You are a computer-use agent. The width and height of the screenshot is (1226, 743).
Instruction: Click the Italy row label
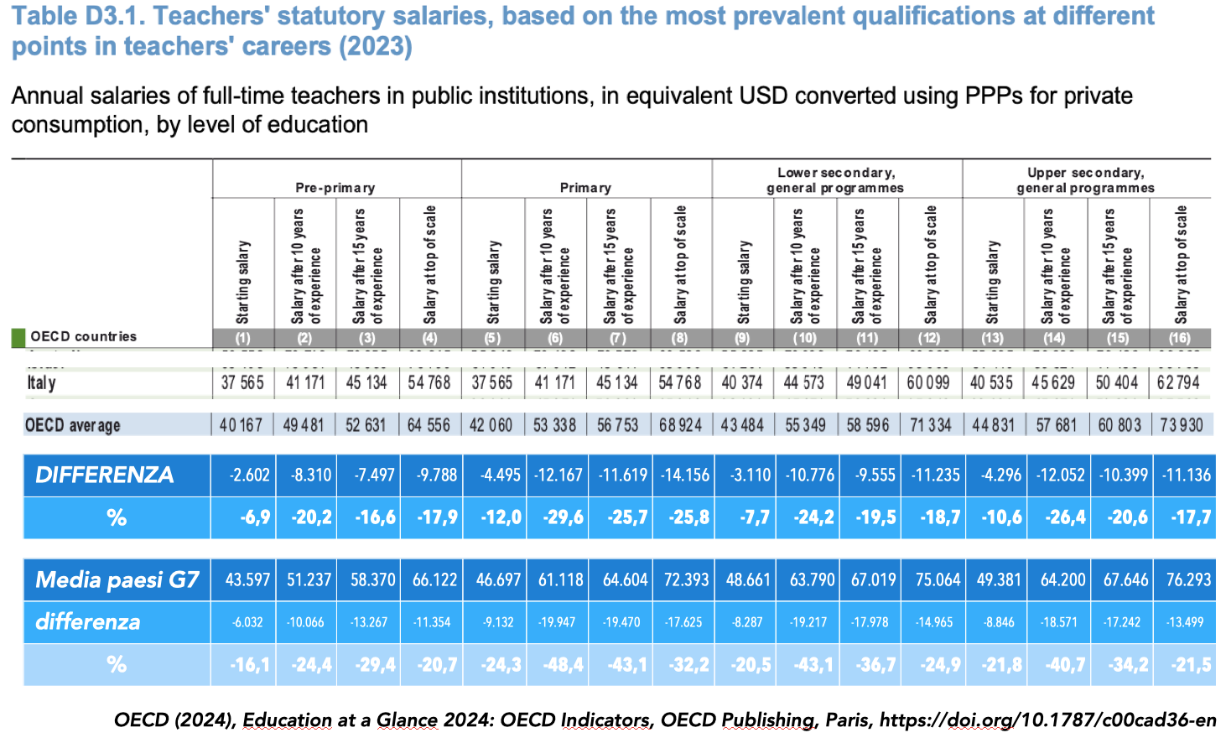(x=42, y=383)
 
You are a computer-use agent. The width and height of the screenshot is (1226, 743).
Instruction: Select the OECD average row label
(x=72, y=425)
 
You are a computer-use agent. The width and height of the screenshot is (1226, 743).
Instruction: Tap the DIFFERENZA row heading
(x=105, y=475)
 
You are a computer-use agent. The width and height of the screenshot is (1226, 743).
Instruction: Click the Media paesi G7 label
(x=117, y=579)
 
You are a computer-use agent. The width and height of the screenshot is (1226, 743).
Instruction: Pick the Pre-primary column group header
(x=335, y=188)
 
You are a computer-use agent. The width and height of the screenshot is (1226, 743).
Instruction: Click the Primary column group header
(x=585, y=188)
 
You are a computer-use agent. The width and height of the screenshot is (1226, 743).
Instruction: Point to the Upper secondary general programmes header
(x=1086, y=179)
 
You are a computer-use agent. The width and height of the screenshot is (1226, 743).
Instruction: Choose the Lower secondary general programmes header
(x=835, y=179)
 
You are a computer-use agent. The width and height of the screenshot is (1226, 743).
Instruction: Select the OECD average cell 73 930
(x=1181, y=425)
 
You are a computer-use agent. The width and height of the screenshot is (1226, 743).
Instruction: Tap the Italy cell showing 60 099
(x=929, y=383)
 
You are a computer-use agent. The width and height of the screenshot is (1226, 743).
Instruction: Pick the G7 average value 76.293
(x=1187, y=579)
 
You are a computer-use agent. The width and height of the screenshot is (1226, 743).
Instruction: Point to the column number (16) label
(x=1179, y=338)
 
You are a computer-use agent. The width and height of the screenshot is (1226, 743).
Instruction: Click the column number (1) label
(x=242, y=338)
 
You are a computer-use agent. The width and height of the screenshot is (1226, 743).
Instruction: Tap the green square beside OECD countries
(x=18, y=337)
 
